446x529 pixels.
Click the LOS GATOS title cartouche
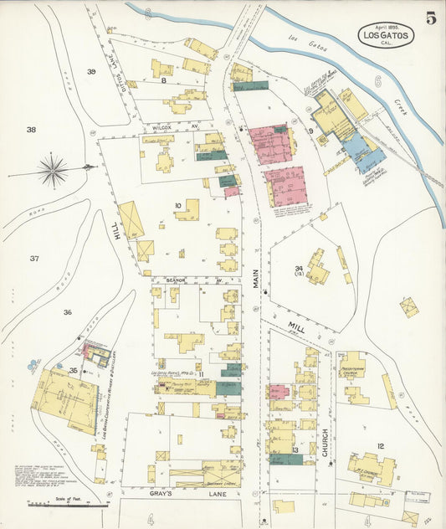pyautogui.click(x=385, y=34)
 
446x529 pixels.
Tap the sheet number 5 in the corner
pyautogui.click(x=429, y=18)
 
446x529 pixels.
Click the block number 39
pyautogui.click(x=92, y=72)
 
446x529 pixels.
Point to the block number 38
pyautogui.click(x=31, y=130)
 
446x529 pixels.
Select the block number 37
pyautogui.click(x=33, y=259)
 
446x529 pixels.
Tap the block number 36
pyautogui.click(x=67, y=312)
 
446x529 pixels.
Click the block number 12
pyautogui.click(x=381, y=446)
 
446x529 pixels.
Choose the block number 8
pyautogui.click(x=165, y=80)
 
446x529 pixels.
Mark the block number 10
pyautogui.click(x=177, y=205)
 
